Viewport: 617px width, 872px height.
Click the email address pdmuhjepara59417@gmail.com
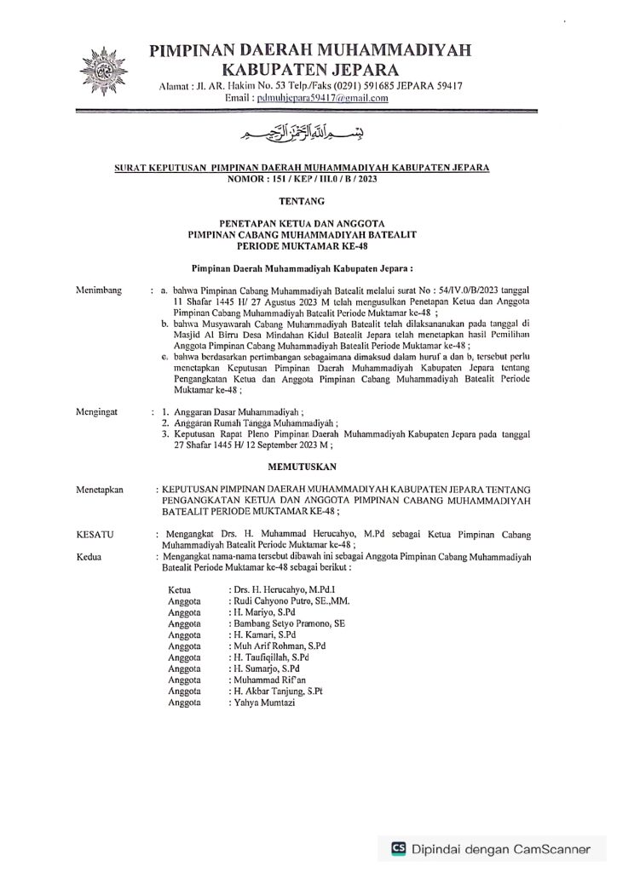317,98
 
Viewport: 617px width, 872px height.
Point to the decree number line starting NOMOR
302,180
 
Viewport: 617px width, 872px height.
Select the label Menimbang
99,290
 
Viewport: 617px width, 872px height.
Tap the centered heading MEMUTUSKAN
302,467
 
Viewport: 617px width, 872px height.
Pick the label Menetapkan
101,490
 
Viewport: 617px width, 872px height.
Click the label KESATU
95,535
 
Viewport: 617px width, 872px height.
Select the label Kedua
89,556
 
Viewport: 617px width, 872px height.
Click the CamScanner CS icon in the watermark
398,848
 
